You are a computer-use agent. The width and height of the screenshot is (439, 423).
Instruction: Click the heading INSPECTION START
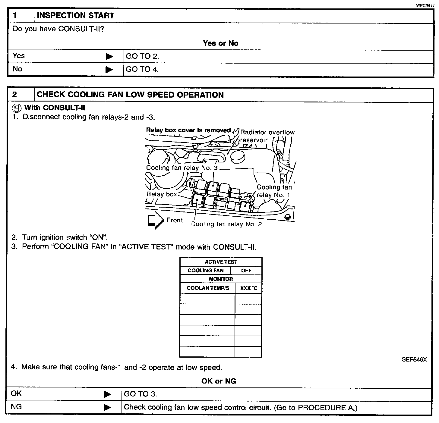(75, 16)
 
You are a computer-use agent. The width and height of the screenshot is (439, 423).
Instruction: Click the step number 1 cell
(21, 16)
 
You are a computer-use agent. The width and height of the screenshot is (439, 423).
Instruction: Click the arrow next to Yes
(109, 57)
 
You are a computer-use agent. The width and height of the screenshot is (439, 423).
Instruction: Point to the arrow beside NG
(107, 407)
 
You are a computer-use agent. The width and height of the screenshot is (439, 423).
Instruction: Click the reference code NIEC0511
(424, 5)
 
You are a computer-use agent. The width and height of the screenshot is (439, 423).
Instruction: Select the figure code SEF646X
(414, 359)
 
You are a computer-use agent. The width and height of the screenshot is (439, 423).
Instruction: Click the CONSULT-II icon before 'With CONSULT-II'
(17, 108)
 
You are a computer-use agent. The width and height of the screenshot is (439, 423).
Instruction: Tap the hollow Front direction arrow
(155, 220)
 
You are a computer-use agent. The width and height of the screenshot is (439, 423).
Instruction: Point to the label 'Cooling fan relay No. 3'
(182, 168)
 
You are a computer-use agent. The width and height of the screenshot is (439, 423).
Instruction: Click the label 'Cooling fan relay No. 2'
(226, 224)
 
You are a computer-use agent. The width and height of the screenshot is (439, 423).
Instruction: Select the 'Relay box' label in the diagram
(162, 194)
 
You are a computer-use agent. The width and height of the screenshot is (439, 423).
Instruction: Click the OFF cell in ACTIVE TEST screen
(246, 271)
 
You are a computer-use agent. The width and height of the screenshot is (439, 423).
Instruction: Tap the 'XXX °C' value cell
(248, 288)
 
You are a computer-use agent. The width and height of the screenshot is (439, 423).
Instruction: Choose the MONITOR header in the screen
(221, 279)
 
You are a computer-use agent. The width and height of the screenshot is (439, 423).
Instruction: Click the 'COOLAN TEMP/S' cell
(208, 288)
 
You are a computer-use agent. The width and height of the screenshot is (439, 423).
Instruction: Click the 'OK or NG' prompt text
(219, 381)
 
